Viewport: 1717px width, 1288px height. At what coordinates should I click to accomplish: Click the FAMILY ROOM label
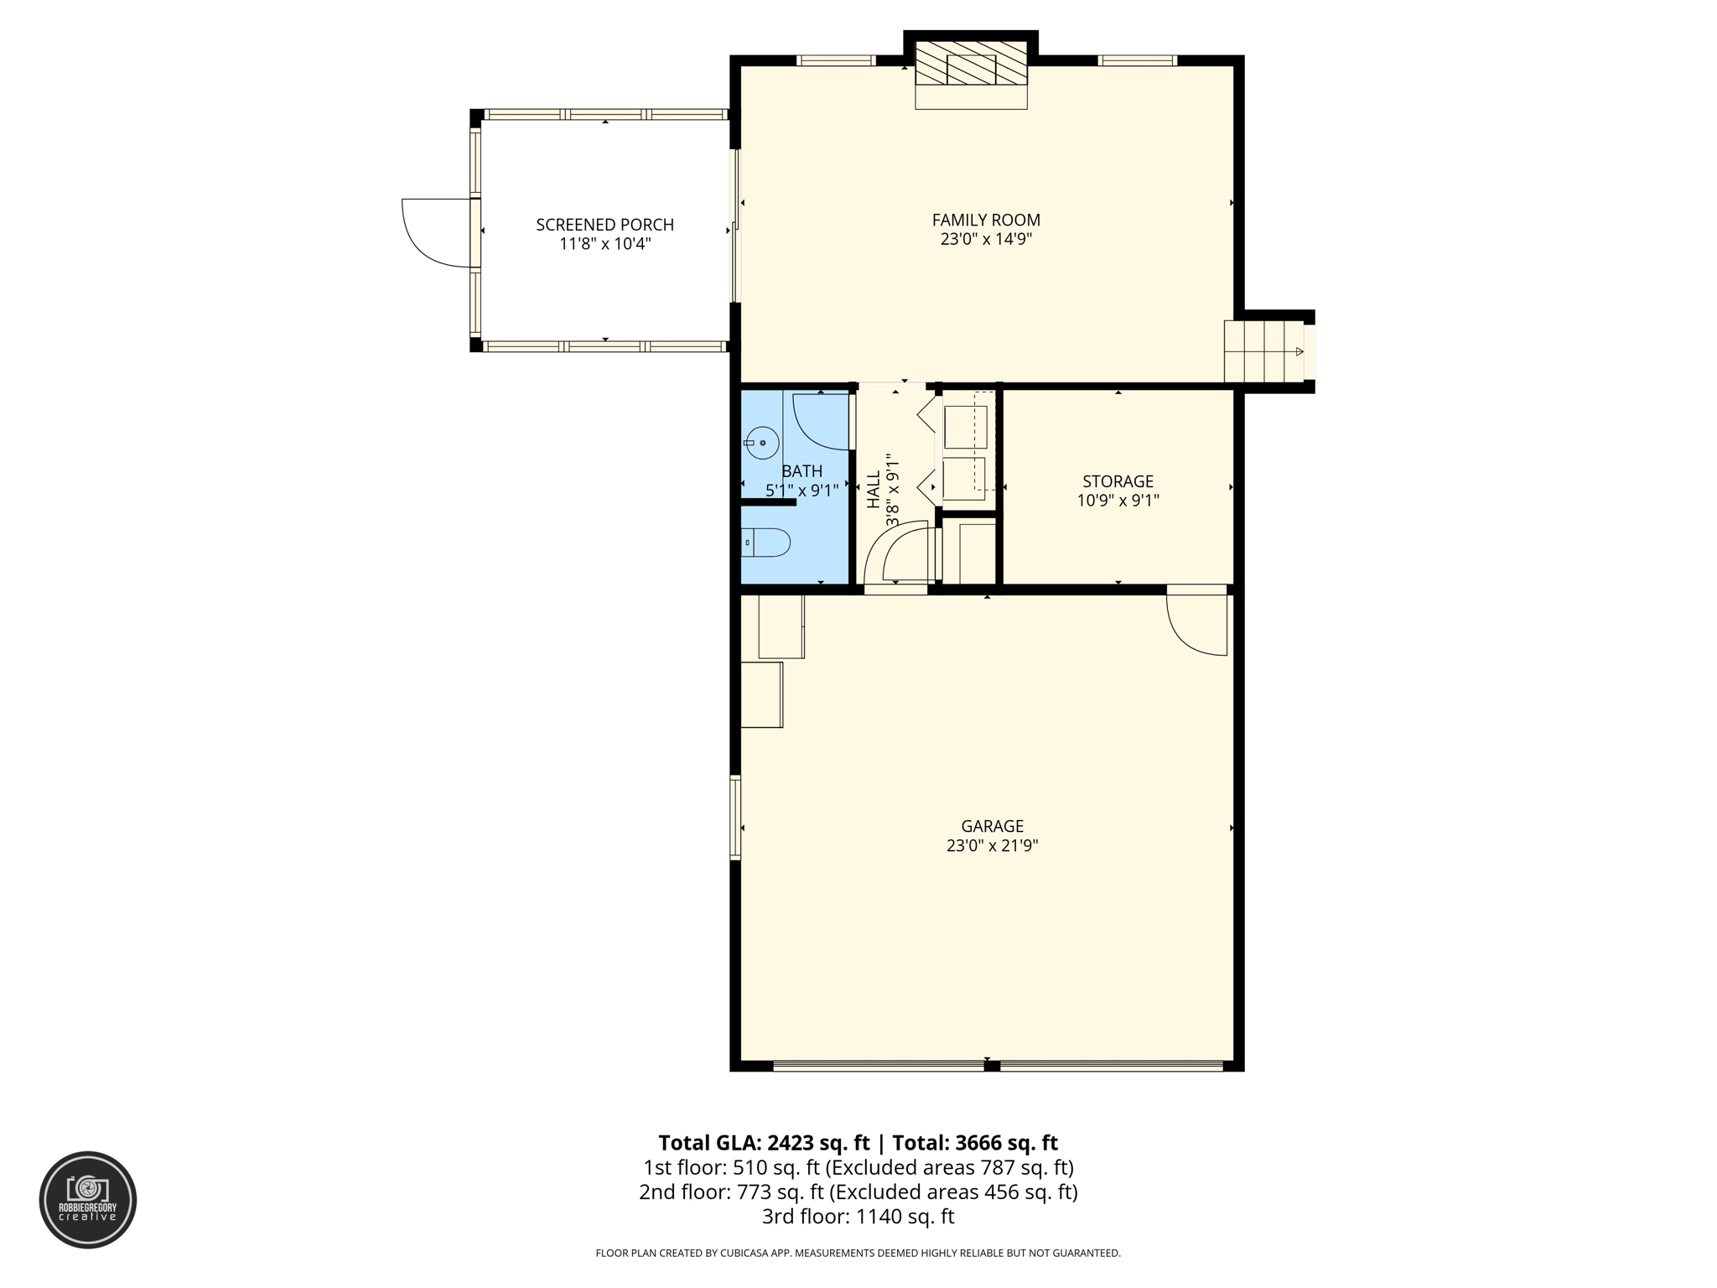coord(986,220)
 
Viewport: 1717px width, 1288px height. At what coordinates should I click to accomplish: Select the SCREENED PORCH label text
coord(604,225)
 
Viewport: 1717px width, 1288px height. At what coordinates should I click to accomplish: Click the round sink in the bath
coord(762,443)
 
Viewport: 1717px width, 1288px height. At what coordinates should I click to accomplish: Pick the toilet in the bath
coord(766,543)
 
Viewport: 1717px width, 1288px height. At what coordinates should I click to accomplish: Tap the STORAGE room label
coord(1118,481)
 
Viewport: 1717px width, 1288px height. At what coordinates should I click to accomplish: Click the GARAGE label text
coord(992,826)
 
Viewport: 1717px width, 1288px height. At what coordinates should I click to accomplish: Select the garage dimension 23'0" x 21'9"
coord(992,846)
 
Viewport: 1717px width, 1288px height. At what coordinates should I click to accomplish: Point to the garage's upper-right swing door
coord(1199,622)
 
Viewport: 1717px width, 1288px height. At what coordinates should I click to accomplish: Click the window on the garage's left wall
coord(736,818)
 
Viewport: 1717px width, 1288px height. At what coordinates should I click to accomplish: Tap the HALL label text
coord(874,489)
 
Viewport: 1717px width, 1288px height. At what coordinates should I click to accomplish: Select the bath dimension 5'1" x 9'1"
coord(801,491)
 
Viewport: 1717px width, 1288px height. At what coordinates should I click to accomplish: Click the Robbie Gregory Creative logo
coord(88,1199)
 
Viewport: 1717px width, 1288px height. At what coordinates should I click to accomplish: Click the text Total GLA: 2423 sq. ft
coord(764,1143)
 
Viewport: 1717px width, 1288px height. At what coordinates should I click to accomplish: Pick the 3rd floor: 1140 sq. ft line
coord(858,1216)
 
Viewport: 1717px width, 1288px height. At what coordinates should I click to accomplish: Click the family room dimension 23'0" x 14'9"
coord(986,240)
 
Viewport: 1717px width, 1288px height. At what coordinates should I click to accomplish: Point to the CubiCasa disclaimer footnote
coord(858,1253)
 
